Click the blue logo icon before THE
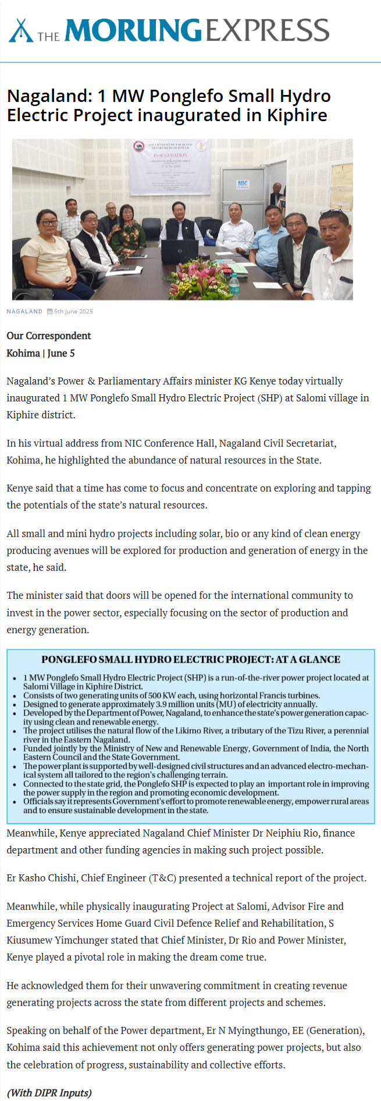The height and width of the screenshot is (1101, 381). (20, 31)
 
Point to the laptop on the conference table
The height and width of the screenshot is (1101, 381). (180, 252)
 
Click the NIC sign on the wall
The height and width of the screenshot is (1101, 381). (243, 184)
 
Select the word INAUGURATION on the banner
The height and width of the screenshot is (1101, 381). (170, 156)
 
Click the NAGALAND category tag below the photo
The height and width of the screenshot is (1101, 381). (24, 312)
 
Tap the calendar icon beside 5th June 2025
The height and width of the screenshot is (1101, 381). (50, 312)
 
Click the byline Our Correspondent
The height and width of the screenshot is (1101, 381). (49, 336)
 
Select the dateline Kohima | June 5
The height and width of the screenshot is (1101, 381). (41, 353)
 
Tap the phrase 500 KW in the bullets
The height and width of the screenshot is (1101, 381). (160, 696)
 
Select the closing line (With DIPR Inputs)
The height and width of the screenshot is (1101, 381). (49, 1092)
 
